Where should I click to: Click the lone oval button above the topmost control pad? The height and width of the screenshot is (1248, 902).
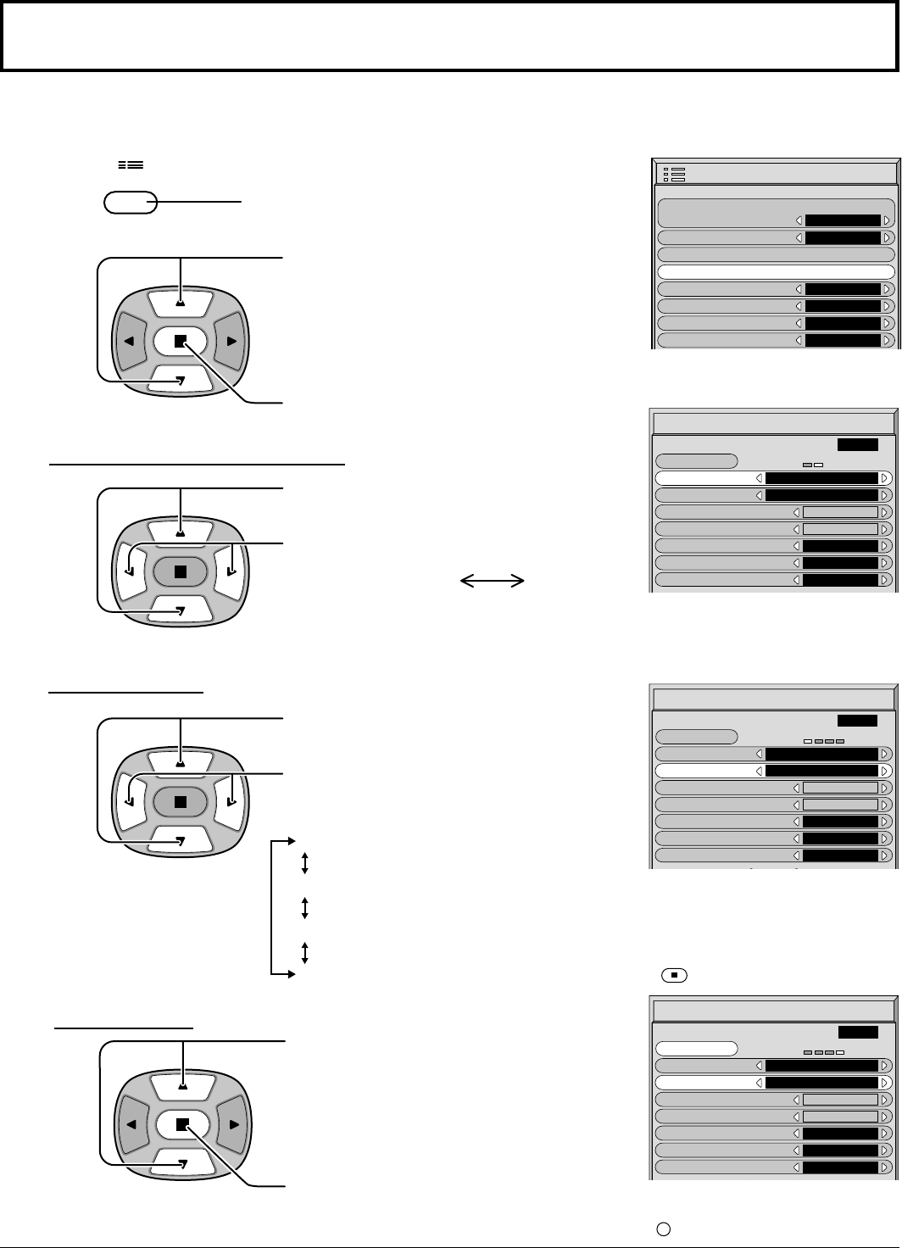(x=130, y=203)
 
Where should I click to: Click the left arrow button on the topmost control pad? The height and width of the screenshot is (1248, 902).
(x=131, y=341)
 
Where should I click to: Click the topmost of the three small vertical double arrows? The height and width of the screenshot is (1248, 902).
(x=304, y=864)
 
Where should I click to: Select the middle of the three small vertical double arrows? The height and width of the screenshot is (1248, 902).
(x=304, y=908)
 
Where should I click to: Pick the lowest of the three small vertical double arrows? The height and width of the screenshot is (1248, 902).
(x=304, y=952)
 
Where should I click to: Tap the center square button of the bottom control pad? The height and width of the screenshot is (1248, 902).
(x=181, y=1124)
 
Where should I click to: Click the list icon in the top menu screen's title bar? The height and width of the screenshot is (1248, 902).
(x=676, y=174)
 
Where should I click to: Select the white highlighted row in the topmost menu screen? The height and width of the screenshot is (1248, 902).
(x=776, y=272)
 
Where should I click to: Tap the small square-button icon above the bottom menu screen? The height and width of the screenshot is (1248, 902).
(x=673, y=975)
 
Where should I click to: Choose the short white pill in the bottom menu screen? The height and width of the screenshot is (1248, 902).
(x=696, y=1048)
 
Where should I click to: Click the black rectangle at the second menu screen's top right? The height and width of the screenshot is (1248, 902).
(x=857, y=444)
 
